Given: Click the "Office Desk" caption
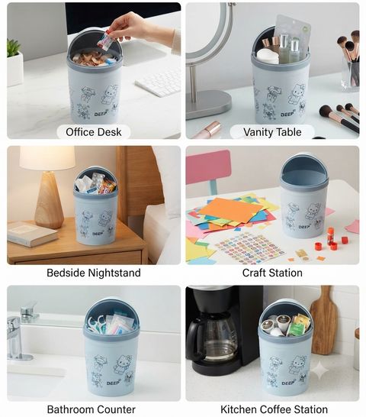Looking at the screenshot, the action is [94, 132].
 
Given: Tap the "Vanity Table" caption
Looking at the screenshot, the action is [272, 132].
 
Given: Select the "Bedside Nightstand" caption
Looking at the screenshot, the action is [94, 273].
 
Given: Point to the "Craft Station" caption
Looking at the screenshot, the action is [272, 273].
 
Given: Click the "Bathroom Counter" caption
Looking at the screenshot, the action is [91, 409].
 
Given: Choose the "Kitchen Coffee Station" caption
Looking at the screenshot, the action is [274, 409].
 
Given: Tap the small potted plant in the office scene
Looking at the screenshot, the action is [14, 63].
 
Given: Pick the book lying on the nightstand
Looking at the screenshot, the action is [31, 234].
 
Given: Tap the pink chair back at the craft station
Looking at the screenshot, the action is [208, 167].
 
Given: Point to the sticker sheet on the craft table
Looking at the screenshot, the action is [249, 248].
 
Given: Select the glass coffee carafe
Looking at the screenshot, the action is [213, 338].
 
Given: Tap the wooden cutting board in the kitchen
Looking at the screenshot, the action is [324, 321].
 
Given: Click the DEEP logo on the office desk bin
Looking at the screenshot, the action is [101, 114].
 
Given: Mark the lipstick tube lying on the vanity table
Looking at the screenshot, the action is [207, 130].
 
